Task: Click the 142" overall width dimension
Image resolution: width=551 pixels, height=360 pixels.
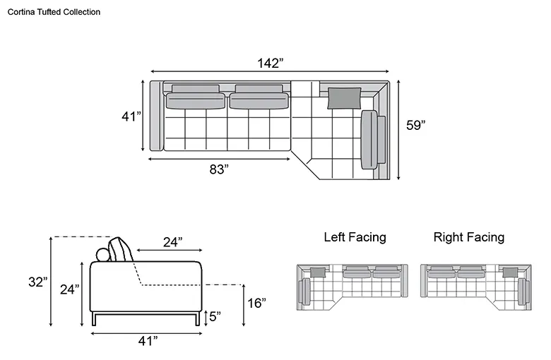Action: tap(271, 64)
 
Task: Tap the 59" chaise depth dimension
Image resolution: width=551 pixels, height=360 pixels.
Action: tap(415, 125)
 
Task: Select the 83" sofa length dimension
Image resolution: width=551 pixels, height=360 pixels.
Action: tap(219, 169)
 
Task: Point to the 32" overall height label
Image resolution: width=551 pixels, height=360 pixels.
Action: tap(38, 282)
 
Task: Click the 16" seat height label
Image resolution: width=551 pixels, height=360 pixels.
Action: tap(256, 303)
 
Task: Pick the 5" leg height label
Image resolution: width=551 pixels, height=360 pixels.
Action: tap(215, 316)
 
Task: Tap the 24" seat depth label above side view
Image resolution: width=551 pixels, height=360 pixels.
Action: tap(172, 242)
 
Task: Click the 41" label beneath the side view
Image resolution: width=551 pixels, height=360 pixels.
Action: tap(148, 341)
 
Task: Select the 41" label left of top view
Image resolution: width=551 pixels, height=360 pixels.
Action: tap(131, 116)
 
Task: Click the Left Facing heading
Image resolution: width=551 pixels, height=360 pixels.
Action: tap(355, 237)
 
